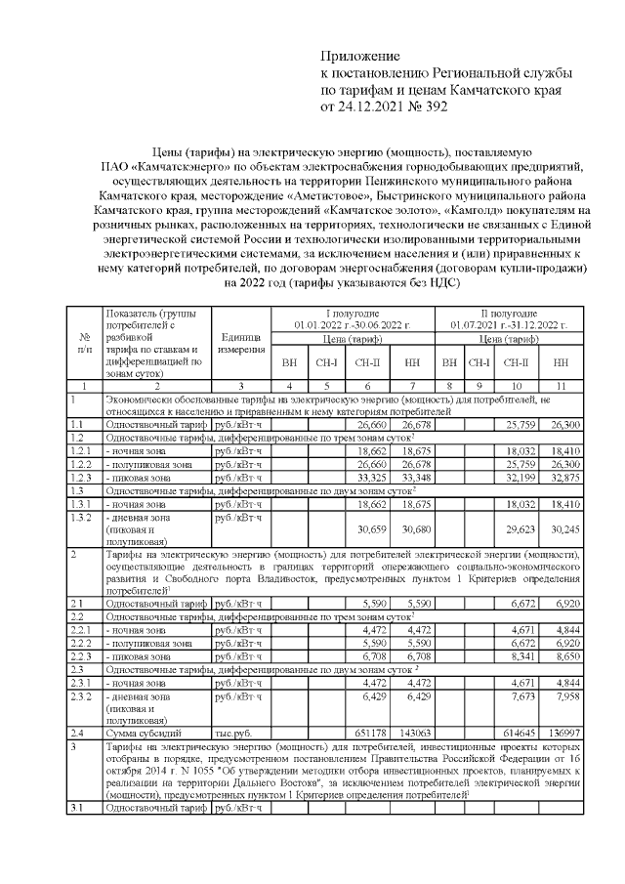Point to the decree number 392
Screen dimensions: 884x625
click(432, 107)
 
